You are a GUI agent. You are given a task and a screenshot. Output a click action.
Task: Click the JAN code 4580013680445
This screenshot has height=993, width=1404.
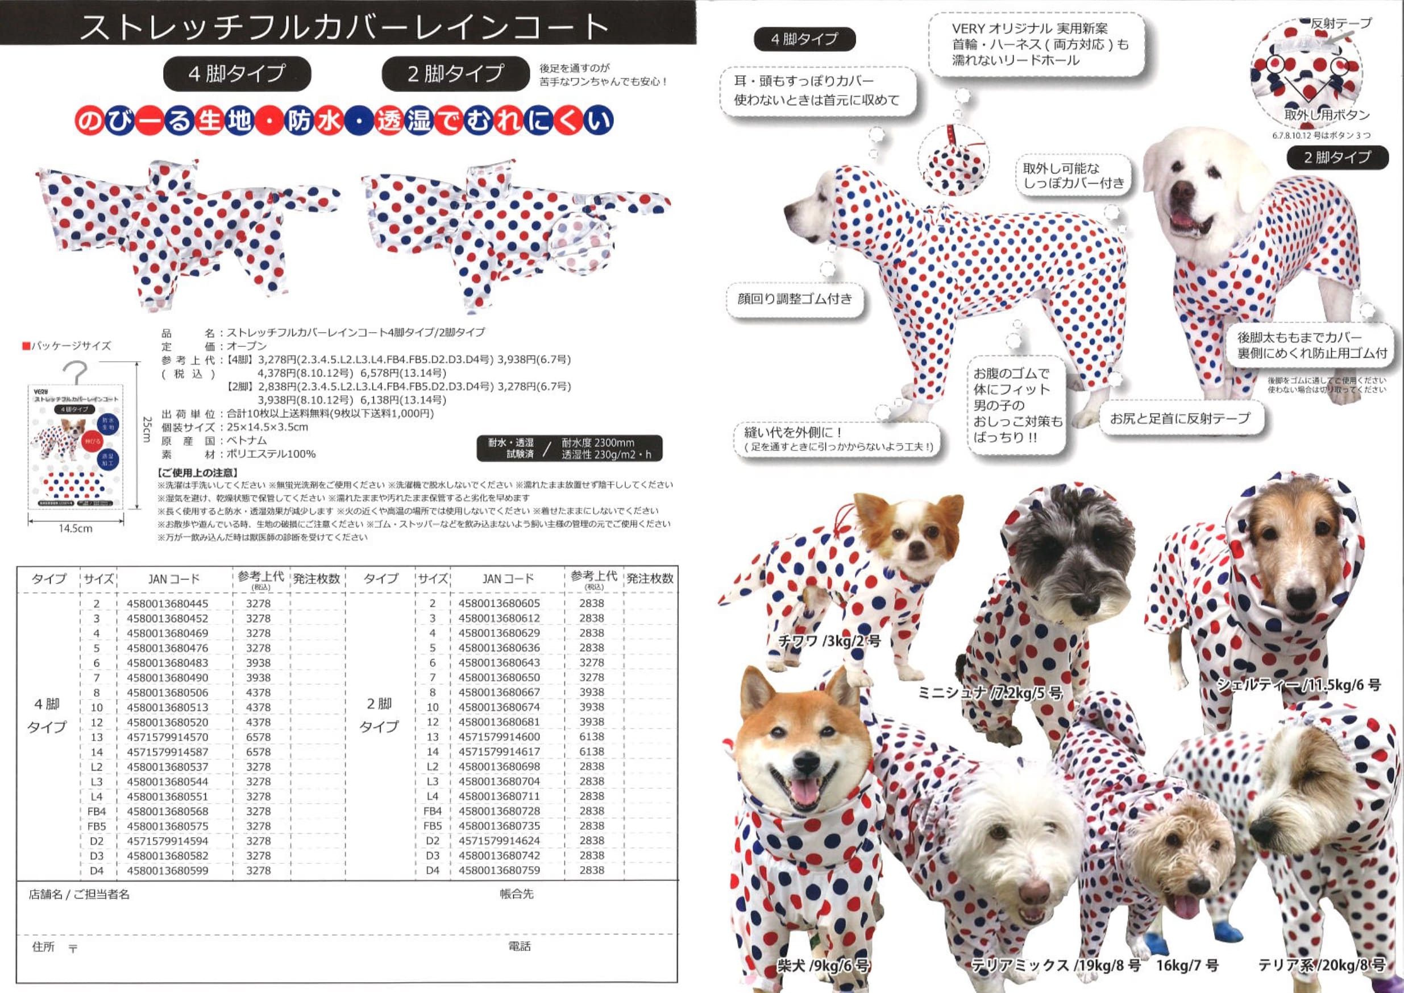click(x=167, y=603)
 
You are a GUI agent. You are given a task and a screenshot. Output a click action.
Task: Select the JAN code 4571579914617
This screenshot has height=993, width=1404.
click(x=499, y=751)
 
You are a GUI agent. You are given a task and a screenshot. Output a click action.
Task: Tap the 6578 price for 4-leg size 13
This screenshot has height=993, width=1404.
click(x=258, y=737)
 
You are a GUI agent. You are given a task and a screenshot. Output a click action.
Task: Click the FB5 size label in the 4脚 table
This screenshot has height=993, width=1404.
click(x=97, y=826)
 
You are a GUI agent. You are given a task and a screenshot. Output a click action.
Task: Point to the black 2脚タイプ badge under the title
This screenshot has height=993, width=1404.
click(x=455, y=74)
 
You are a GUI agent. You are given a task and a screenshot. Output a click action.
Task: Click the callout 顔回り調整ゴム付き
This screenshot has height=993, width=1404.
click(x=794, y=299)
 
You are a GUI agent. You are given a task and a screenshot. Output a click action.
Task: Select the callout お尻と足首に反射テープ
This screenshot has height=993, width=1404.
click(x=1179, y=419)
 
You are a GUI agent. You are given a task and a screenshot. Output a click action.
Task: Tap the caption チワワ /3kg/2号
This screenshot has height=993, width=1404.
click(x=829, y=641)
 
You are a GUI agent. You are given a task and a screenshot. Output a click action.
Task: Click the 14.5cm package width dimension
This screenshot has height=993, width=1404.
click(x=75, y=528)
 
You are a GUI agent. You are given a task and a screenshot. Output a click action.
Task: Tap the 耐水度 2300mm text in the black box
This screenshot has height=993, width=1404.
click(x=597, y=442)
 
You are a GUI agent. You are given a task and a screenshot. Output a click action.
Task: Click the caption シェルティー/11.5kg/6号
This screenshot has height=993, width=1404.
click(x=1298, y=685)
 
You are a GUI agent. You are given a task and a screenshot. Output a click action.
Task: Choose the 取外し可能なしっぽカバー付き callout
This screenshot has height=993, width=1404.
click(x=1073, y=176)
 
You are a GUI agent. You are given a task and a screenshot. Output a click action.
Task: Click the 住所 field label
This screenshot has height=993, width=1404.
click(x=43, y=946)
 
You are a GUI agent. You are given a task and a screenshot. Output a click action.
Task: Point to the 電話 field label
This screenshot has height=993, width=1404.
click(x=519, y=946)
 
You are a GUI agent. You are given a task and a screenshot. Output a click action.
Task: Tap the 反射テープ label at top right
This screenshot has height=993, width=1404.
click(x=1340, y=23)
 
